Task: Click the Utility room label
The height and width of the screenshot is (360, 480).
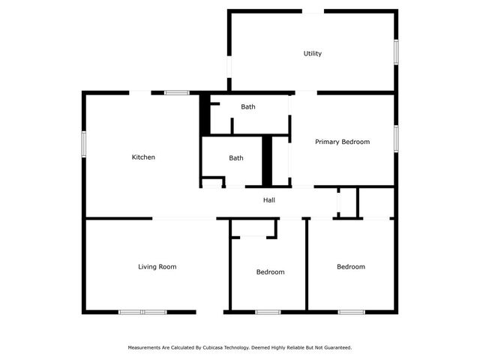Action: click(x=313, y=53)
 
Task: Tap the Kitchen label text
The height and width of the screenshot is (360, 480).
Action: click(x=143, y=157)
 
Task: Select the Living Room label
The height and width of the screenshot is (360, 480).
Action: click(x=157, y=267)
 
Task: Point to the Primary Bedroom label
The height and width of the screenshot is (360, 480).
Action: click(x=343, y=142)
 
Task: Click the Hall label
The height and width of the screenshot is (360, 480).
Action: click(x=269, y=200)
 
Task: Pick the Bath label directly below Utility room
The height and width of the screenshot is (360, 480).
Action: click(x=248, y=106)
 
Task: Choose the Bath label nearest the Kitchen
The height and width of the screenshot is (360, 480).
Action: click(x=236, y=158)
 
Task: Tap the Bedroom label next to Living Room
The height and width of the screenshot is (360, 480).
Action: click(x=270, y=272)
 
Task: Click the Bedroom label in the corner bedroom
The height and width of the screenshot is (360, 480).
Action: click(x=351, y=267)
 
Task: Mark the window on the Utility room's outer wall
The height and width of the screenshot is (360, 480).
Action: click(x=396, y=52)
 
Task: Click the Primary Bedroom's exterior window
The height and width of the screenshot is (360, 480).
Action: click(x=396, y=139)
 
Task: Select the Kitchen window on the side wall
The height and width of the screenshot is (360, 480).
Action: click(x=84, y=144)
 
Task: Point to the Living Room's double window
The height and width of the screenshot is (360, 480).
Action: click(x=143, y=312)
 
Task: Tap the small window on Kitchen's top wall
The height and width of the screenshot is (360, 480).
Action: click(x=177, y=93)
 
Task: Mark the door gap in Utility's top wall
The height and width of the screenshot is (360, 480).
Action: click(x=313, y=11)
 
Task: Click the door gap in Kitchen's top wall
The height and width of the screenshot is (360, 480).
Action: click(x=140, y=93)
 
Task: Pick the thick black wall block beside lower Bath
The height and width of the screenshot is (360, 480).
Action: click(x=267, y=161)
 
